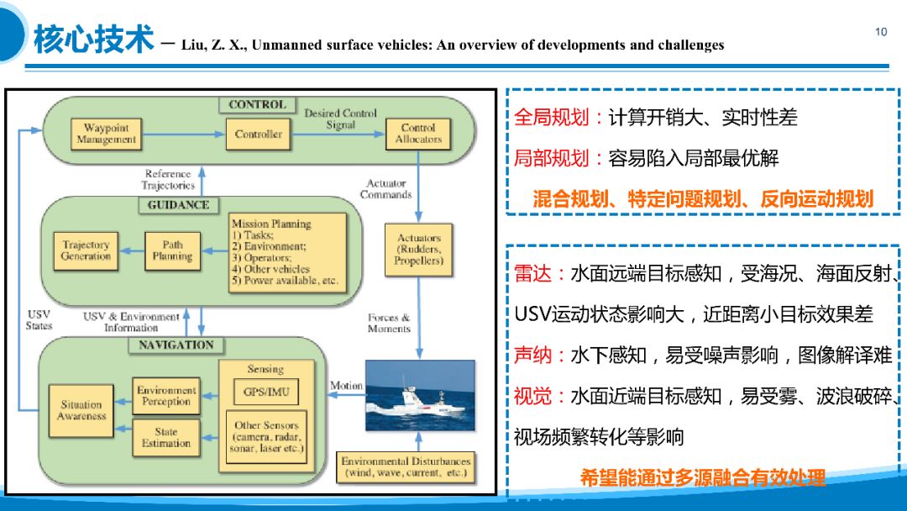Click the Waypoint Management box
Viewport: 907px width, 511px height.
(106, 134)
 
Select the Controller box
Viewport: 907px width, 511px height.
(258, 134)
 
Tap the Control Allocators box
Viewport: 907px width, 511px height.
(418, 134)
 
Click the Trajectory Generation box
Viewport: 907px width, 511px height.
(86, 250)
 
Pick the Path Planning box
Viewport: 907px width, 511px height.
(172, 250)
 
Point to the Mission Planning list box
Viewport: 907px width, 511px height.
(287, 250)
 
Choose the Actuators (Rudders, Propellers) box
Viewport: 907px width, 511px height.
(418, 250)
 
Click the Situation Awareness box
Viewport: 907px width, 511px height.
(81, 410)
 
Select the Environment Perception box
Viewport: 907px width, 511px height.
(166, 396)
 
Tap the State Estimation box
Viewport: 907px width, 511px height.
(166, 438)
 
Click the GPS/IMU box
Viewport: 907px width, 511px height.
(265, 392)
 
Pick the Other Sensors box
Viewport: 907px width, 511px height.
(265, 437)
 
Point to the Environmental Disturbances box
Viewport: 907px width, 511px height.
(406, 467)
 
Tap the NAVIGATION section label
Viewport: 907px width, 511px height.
(176, 345)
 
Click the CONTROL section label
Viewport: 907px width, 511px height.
(257, 105)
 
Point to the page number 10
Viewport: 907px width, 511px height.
(881, 32)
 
